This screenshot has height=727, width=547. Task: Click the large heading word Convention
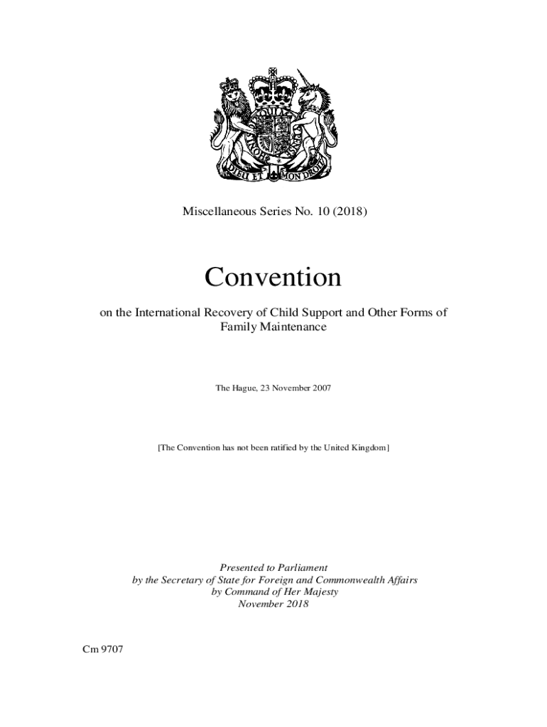(273, 278)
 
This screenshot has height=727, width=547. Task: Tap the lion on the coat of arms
(233, 121)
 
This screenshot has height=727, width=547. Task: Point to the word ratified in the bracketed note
(284, 448)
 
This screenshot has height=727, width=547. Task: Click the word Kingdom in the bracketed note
(366, 448)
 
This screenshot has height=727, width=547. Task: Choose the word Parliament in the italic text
(300, 567)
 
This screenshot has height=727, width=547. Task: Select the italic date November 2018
(273, 605)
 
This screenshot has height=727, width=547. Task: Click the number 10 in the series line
(324, 210)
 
